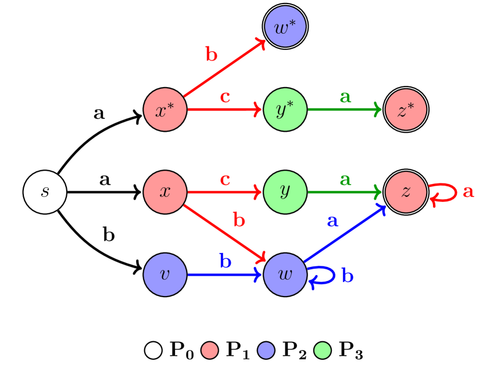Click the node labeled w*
(285, 27)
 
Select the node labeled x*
(165, 110)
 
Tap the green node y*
(285, 110)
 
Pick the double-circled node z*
(406, 110)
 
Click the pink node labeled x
(165, 192)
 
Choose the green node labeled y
(285, 192)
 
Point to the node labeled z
(406, 192)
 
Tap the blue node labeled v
(165, 275)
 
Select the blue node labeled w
(285, 275)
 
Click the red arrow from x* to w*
(224, 69)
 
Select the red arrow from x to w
(224, 232)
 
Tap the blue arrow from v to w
(224, 275)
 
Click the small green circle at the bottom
(323, 351)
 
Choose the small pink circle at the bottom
(210, 351)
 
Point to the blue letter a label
(332, 221)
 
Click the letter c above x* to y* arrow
(226, 97)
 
